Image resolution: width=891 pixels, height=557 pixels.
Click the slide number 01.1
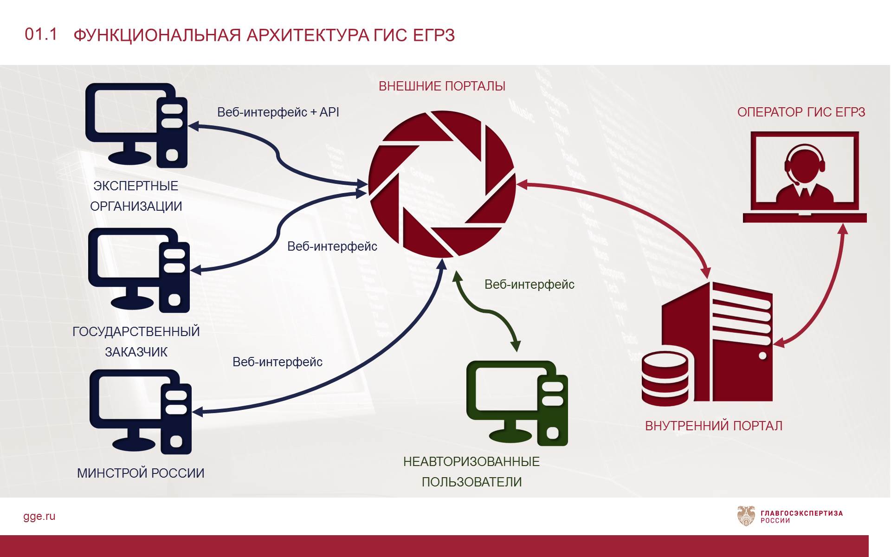(x=41, y=34)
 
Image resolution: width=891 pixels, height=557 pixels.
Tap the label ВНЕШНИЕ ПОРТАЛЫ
(x=442, y=86)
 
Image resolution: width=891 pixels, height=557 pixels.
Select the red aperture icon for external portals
(x=442, y=184)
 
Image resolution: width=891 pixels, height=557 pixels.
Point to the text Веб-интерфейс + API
(x=278, y=112)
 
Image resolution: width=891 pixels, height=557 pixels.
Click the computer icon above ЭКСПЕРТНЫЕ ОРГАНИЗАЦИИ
(x=136, y=125)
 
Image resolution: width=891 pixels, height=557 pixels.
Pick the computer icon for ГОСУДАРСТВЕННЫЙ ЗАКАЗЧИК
(x=139, y=270)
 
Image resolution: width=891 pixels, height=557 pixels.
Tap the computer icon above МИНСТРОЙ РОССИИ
(x=140, y=411)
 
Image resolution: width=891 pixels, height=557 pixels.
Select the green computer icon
(x=517, y=403)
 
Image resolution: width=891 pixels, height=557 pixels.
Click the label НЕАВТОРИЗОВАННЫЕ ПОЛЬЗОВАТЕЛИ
(x=471, y=472)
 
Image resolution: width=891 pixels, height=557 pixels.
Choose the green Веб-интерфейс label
(x=529, y=285)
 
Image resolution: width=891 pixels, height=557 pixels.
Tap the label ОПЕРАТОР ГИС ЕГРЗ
(x=801, y=112)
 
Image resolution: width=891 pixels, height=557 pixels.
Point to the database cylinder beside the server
(x=665, y=378)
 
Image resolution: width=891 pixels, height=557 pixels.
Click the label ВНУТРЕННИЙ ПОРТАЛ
(x=714, y=426)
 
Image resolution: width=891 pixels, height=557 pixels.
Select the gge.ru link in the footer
(x=39, y=516)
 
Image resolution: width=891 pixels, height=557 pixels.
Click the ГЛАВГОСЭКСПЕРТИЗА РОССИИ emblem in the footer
(x=746, y=516)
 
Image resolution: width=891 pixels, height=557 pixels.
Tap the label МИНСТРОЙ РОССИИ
(x=141, y=473)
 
